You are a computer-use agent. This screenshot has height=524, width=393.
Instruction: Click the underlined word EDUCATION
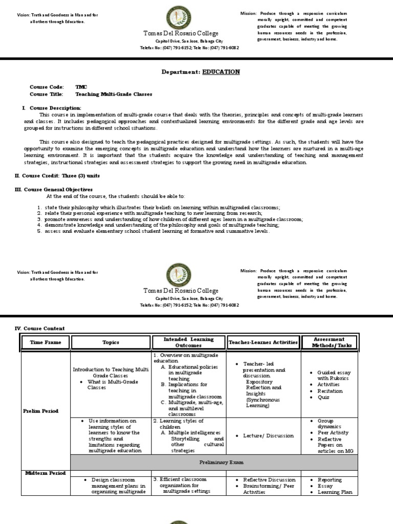(221, 72)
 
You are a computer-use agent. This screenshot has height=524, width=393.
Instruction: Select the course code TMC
(81, 87)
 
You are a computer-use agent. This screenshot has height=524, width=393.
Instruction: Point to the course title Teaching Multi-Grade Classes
(114, 94)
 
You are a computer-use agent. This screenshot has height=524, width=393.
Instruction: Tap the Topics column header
(111, 342)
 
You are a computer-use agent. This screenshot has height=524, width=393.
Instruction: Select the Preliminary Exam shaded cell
(215, 462)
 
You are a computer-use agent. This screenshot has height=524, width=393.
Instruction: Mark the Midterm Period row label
(45, 473)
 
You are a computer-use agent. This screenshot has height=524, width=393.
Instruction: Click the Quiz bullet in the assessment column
(323, 397)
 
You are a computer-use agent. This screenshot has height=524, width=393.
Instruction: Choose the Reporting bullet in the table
(330, 480)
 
